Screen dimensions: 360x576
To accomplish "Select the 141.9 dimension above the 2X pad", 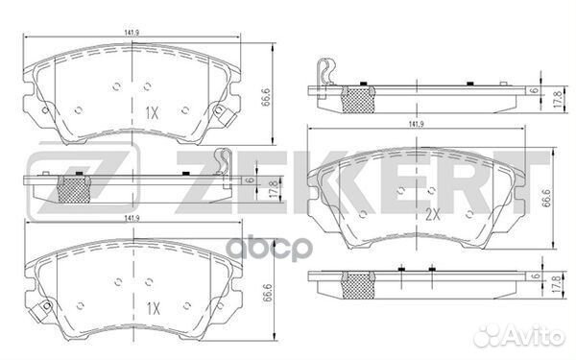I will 416,125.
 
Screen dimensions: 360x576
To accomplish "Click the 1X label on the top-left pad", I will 151,113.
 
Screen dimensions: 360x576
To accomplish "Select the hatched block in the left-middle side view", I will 74,189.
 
